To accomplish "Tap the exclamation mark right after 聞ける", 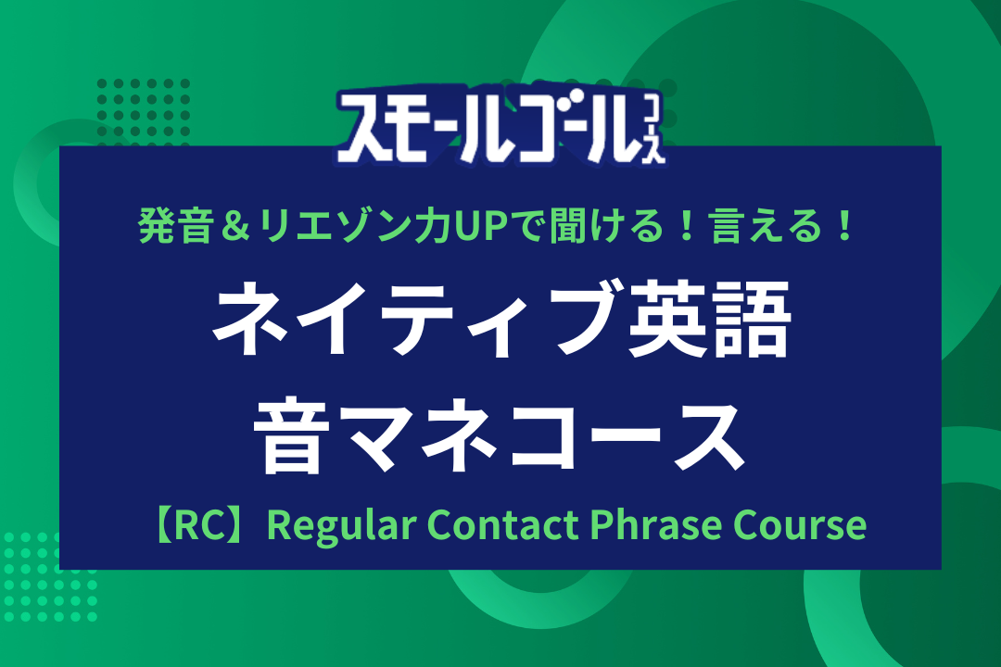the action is point(687,227).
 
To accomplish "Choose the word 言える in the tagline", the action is point(767,226).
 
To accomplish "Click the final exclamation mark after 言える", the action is point(845,227).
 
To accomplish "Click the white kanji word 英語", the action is point(708,319).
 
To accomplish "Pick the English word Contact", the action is point(502,524).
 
